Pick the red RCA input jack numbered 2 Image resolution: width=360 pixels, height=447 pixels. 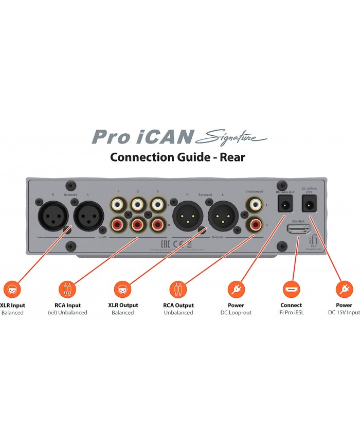(x=137, y=224)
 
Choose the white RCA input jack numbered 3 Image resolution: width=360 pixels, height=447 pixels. (x=158, y=204)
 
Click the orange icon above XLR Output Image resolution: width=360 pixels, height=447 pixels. (x=121, y=288)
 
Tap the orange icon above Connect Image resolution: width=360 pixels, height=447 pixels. (x=291, y=288)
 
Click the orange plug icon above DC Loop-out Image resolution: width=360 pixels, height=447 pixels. (x=237, y=288)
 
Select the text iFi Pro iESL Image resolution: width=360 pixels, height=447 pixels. (x=291, y=312)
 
